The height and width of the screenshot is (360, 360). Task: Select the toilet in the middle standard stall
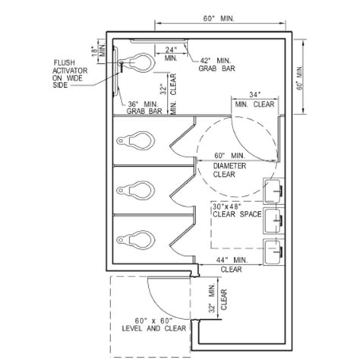coord(134,186)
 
